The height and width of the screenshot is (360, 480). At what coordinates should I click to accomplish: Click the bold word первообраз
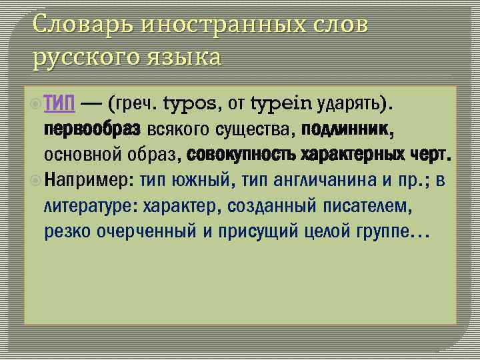(92, 129)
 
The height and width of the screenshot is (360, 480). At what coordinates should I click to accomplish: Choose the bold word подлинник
(347, 129)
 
